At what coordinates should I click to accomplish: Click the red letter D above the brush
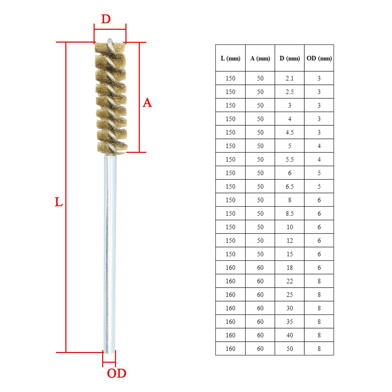[106, 19]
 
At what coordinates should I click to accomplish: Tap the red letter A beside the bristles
[147, 103]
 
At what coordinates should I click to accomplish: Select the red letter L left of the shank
[59, 202]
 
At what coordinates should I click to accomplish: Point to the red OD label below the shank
[117, 373]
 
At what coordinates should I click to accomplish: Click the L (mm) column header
[230, 58]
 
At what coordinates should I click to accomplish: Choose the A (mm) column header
[260, 58]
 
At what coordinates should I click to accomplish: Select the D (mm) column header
[290, 58]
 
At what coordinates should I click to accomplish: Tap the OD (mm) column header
[319, 58]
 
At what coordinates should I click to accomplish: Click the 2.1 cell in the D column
[290, 78]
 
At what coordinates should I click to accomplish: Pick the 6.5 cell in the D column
[290, 186]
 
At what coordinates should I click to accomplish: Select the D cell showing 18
[290, 268]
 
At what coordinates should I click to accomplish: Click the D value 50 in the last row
[290, 349]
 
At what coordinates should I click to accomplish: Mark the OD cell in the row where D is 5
[319, 146]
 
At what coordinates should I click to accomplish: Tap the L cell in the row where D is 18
[230, 268]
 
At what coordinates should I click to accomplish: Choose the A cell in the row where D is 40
[260, 335]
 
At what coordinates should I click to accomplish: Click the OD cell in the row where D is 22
[319, 281]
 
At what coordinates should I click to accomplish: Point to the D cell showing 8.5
[290, 214]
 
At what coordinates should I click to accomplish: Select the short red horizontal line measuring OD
[109, 362]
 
